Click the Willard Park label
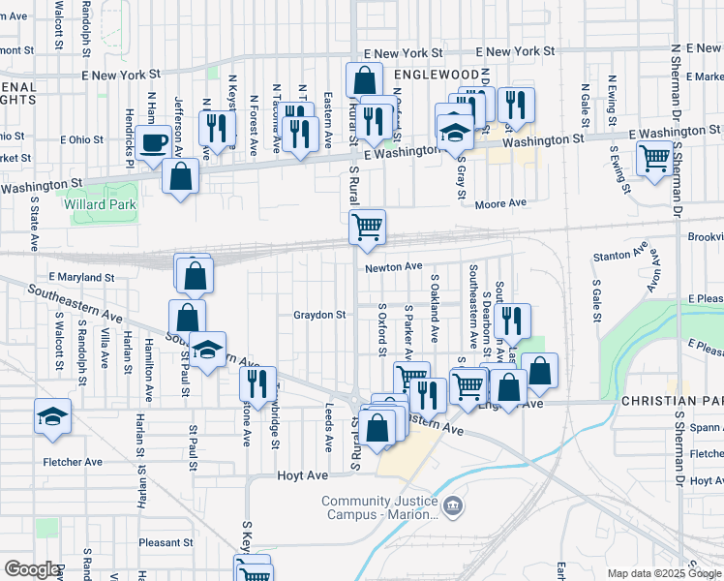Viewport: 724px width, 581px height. [101, 204]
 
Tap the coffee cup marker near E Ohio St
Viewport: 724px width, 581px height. [154, 143]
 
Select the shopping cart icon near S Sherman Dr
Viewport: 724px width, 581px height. [655, 157]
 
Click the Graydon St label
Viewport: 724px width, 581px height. [320, 315]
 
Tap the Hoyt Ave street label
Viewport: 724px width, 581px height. [297, 475]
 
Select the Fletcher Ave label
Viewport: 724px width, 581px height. [73, 462]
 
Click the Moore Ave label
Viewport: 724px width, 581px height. [500, 203]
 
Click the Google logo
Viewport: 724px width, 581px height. [31, 568]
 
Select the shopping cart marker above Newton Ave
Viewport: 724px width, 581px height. [367, 228]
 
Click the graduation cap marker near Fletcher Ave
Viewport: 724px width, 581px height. [52, 416]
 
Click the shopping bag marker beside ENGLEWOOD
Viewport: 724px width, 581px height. [363, 80]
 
